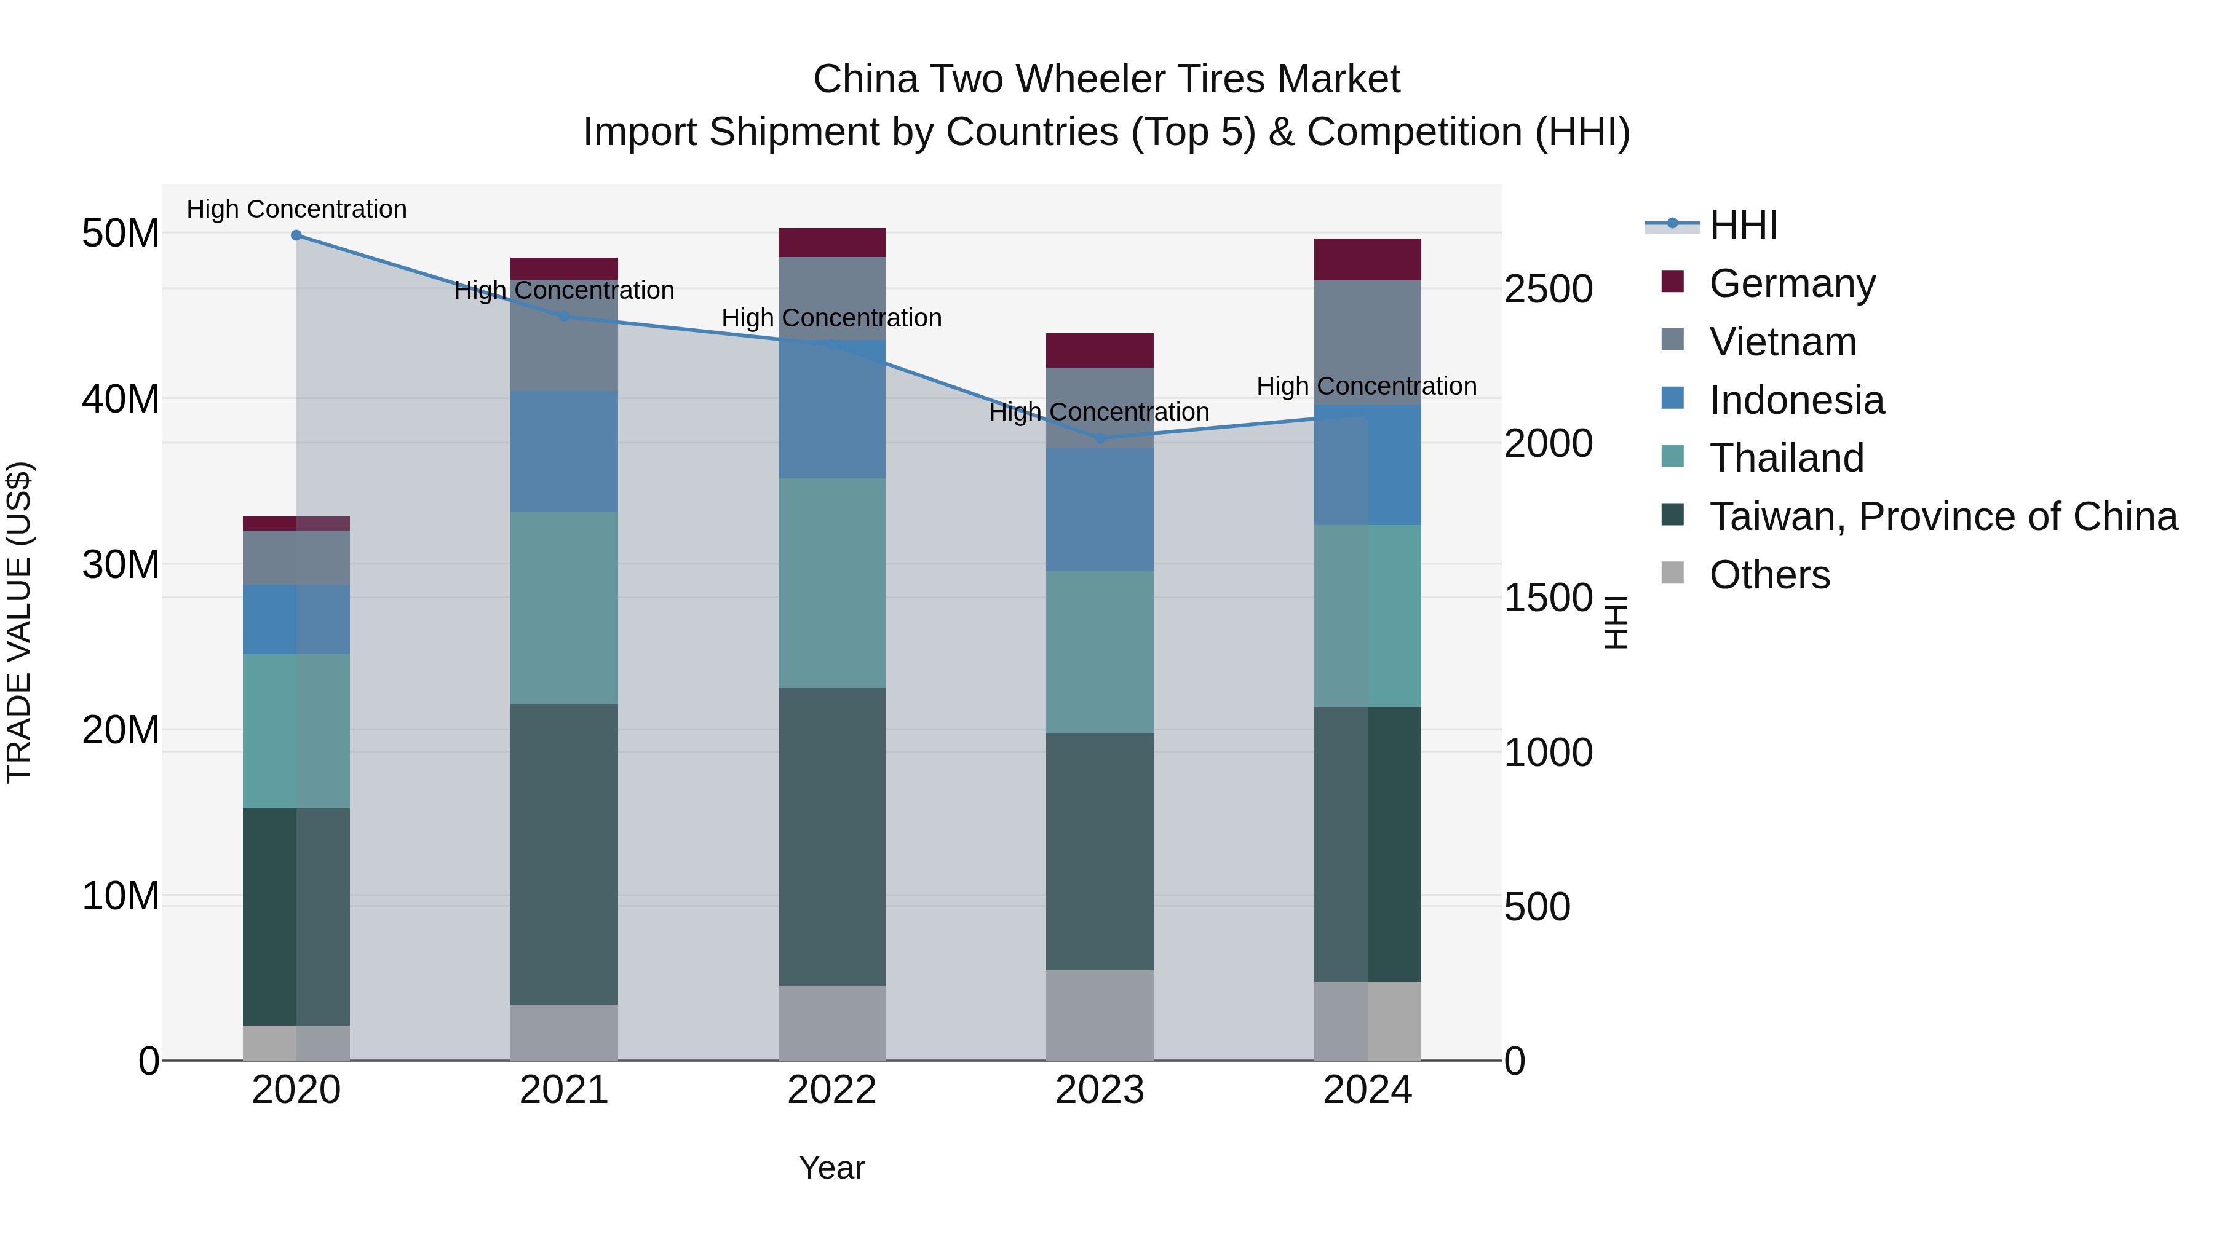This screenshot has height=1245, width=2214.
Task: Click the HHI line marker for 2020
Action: coord(296,235)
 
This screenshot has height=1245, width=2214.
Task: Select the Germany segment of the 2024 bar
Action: coord(1367,259)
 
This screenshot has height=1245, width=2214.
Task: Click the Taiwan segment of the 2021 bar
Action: coord(564,854)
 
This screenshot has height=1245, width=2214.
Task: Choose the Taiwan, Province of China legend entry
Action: coord(1942,516)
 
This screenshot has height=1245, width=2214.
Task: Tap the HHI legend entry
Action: coord(1742,225)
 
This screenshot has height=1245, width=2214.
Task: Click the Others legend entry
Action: coord(1769,575)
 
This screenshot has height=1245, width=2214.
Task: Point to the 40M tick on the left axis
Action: coord(121,398)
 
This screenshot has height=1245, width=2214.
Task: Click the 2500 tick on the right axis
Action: coord(1548,289)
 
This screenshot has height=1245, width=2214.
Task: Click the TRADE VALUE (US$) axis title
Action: coord(19,622)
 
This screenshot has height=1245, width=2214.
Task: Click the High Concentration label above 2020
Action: coord(296,209)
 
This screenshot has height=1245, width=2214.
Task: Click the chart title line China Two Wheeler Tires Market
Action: coord(1106,79)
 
